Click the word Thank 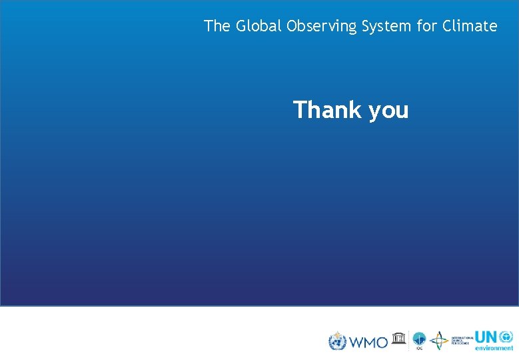(327, 109)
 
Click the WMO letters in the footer (368, 342)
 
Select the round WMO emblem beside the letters (338, 341)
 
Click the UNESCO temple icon (399, 338)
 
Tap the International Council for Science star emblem (439, 341)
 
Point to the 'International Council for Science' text (462, 341)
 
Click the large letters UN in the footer (486, 337)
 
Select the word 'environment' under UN (494, 348)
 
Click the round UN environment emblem (506, 337)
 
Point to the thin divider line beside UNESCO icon (408, 341)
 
